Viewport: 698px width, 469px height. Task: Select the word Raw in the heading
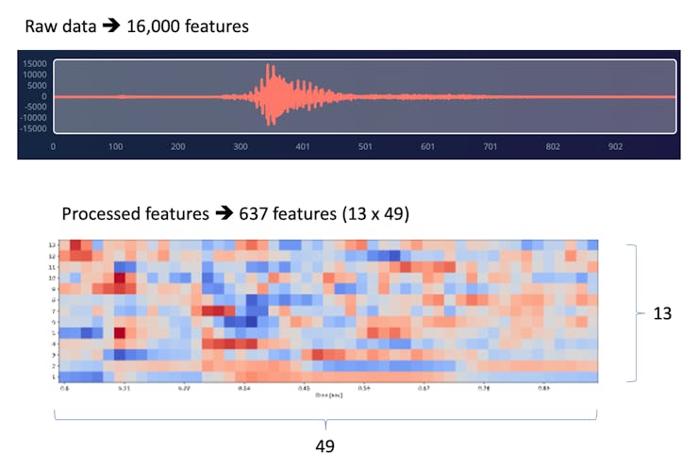click(41, 26)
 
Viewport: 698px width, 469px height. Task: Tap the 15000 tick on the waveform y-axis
click(36, 64)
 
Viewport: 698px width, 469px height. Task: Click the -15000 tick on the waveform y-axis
click(34, 128)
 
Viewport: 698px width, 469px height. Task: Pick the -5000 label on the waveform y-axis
click(36, 107)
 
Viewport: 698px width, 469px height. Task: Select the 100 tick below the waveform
click(116, 147)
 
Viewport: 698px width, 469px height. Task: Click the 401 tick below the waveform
click(303, 147)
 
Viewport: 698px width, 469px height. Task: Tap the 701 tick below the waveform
click(490, 147)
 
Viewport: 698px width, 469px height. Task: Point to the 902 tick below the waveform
click(615, 147)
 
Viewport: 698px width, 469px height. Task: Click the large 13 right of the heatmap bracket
click(661, 312)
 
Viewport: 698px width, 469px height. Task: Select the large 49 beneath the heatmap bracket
click(324, 445)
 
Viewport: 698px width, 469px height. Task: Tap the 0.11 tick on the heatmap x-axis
click(124, 388)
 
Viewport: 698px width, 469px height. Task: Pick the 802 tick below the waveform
click(553, 147)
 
